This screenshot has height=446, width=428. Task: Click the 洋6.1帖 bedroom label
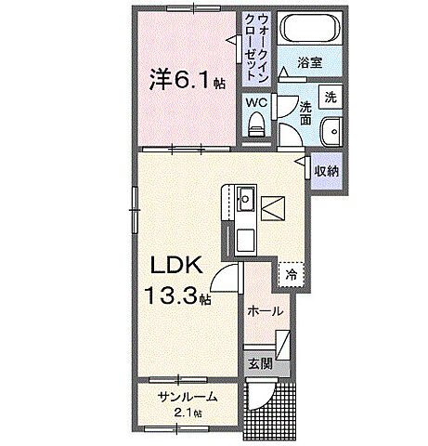tap(187, 80)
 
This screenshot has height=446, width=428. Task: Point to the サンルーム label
tap(188, 397)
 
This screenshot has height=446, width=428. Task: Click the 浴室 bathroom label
tap(309, 62)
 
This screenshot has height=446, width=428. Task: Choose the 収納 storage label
tap(326, 170)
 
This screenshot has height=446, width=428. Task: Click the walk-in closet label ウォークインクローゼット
tap(254, 46)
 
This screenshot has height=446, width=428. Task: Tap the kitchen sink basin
tap(246, 200)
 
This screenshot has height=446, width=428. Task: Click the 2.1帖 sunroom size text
tap(188, 413)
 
